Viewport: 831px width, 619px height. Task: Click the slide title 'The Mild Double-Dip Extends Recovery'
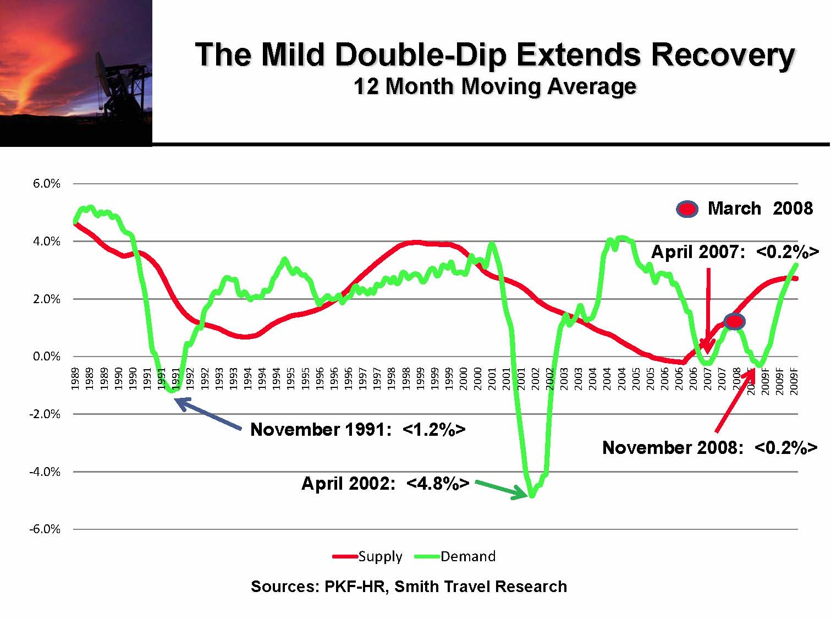[x=495, y=54]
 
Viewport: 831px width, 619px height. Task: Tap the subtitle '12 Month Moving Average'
[x=495, y=87]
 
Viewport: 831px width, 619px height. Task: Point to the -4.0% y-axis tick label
[x=45, y=472]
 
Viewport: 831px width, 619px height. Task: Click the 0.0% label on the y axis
[x=47, y=357]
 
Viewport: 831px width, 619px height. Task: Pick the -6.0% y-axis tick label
[x=45, y=529]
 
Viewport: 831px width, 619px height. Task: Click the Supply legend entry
[x=368, y=556]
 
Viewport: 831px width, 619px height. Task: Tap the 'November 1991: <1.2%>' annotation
[x=357, y=429]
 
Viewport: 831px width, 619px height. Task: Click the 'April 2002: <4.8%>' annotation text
[x=385, y=484]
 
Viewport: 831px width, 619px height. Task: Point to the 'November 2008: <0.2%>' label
[x=709, y=447]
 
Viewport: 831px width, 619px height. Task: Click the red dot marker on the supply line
[x=734, y=321]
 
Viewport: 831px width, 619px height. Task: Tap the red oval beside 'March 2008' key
[x=687, y=209]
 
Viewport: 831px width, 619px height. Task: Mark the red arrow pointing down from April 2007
[x=708, y=308]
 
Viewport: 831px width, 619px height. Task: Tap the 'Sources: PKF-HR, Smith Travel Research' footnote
[x=409, y=587]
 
